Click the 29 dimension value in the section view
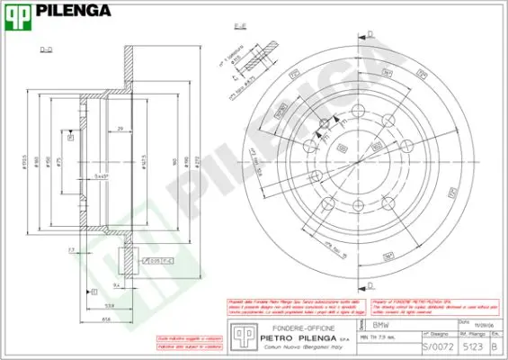tap(120, 130)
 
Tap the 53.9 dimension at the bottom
tap(109, 306)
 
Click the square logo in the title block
tap(240, 335)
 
